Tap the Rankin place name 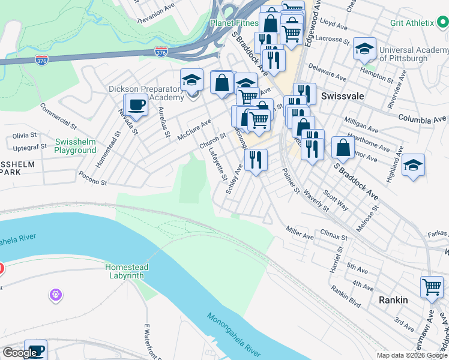coord(393,299)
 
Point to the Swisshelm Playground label coord(75,146)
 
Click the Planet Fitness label coord(234,23)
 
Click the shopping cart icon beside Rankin coord(432,287)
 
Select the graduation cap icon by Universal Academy coord(364,49)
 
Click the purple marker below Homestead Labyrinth coord(56,295)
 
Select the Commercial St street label coord(58,116)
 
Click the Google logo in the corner coord(19,353)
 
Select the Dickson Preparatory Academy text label coord(146,93)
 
